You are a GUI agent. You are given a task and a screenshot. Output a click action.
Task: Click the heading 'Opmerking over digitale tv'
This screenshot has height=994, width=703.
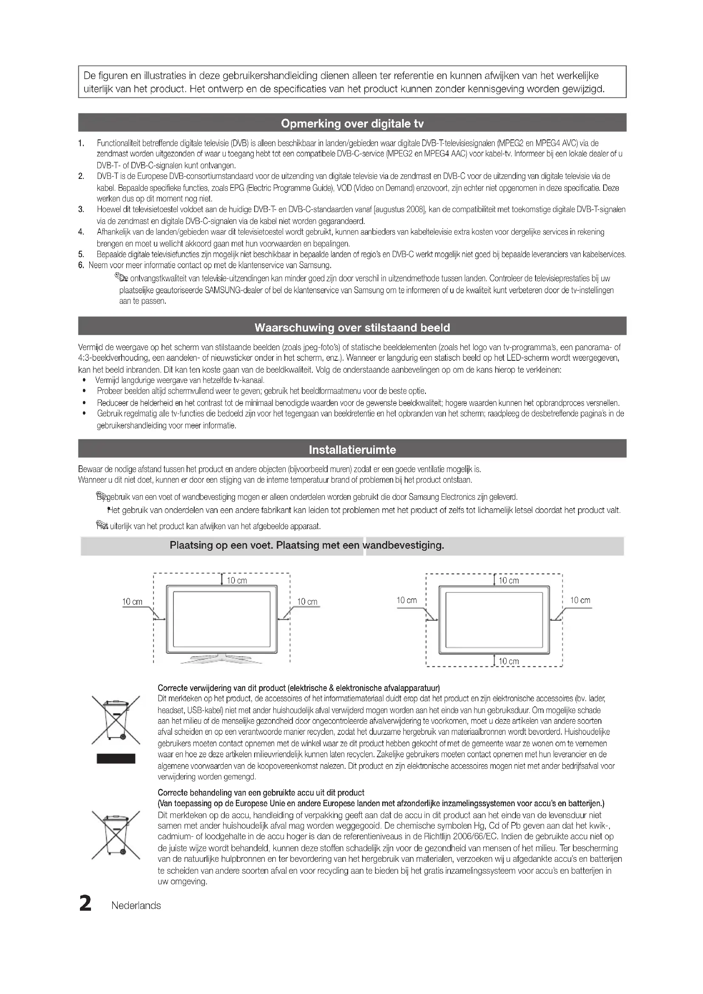click(352, 124)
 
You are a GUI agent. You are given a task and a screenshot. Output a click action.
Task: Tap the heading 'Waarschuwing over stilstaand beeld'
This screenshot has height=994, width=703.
click(352, 327)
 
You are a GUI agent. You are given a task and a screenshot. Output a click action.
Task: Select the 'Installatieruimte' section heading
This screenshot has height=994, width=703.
click(352, 450)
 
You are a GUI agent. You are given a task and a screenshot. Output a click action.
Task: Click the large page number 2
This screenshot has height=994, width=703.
click(85, 904)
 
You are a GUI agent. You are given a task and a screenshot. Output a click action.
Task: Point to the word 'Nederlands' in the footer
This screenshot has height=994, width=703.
click(136, 906)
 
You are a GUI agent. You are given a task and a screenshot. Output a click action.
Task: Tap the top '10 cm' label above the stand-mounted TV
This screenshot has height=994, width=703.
click(237, 581)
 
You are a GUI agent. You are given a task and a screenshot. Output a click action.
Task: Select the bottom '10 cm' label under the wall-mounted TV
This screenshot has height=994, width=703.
click(508, 661)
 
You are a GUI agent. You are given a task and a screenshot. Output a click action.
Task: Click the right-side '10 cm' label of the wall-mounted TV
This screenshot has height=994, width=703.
click(580, 600)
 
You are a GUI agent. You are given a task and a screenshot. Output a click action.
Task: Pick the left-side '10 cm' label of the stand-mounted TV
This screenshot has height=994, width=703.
click(132, 601)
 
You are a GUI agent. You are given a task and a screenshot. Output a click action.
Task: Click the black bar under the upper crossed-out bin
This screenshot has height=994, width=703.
click(116, 758)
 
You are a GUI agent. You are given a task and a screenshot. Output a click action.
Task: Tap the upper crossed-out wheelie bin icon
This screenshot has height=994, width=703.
click(116, 719)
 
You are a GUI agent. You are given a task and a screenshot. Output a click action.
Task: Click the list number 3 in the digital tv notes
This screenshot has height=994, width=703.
click(81, 210)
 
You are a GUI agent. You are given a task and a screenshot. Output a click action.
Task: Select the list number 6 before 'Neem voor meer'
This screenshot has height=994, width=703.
click(81, 265)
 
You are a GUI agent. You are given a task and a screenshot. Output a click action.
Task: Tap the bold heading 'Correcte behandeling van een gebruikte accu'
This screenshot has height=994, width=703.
click(261, 792)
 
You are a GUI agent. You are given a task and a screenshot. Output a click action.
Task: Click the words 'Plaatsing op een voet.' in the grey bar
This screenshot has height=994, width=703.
click(221, 545)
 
